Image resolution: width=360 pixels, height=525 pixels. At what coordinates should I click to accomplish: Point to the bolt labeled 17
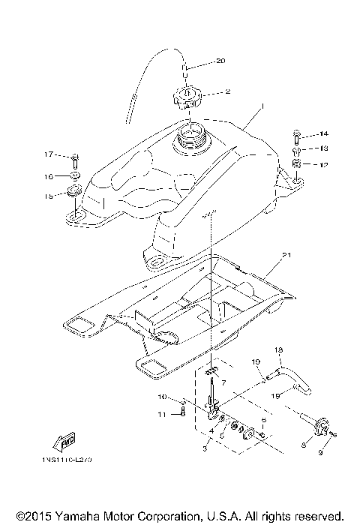76,159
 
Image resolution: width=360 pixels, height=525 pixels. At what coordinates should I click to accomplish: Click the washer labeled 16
76,177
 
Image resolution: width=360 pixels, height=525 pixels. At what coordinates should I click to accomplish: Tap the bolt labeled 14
297,136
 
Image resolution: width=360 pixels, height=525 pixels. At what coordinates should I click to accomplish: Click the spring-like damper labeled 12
297,163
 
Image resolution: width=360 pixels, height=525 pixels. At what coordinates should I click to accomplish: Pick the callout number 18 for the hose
277,350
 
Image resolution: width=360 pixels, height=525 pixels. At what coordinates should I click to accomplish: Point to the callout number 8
303,445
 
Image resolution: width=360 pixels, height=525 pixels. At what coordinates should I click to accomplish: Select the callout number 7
223,382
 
